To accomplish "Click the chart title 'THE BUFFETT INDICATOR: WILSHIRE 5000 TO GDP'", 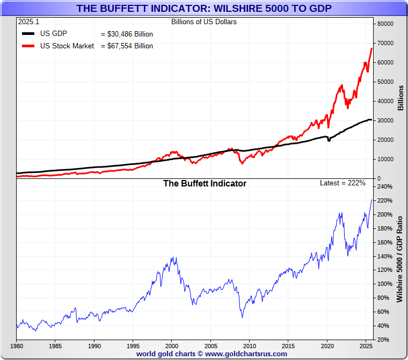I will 203,8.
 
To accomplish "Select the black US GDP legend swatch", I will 29,34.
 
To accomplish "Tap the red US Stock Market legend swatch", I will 29,46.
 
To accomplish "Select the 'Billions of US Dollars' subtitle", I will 203,22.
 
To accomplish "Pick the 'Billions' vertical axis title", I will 400,98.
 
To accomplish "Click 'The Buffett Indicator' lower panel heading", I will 205,184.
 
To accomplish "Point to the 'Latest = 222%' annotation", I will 343,183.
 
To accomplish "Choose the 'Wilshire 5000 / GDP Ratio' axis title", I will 400,259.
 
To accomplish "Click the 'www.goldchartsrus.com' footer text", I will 246,354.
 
